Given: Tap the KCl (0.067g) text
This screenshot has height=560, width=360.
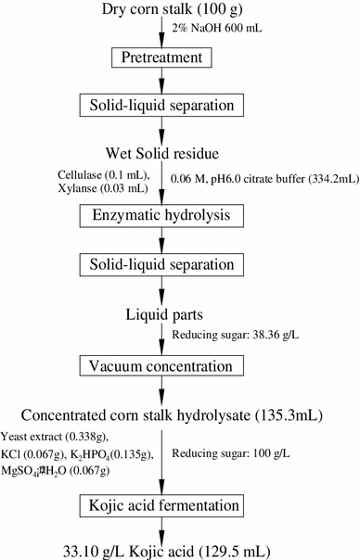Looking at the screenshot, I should coord(39,454).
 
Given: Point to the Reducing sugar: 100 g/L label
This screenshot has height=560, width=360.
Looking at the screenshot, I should coord(232,455).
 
